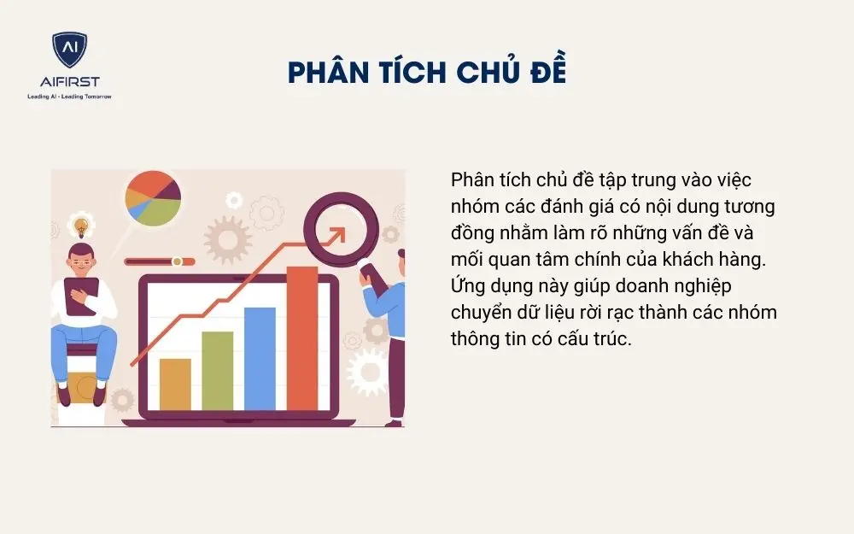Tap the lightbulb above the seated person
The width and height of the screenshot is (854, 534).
(x=82, y=227)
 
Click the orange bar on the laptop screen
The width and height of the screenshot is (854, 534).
(x=175, y=384)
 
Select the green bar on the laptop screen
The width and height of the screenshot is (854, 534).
(x=218, y=370)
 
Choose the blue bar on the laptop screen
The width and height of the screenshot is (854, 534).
(x=260, y=358)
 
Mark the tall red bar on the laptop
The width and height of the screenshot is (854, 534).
(x=301, y=337)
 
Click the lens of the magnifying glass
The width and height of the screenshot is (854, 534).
(x=336, y=230)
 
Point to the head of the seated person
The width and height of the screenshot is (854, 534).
(x=81, y=255)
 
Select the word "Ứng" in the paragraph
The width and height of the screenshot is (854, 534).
(x=468, y=285)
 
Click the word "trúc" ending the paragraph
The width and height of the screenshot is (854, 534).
(x=610, y=338)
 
